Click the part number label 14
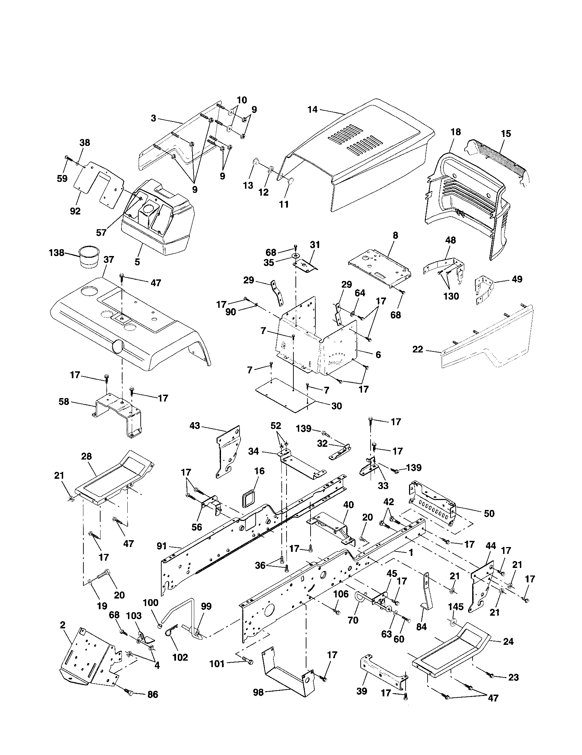[312, 109]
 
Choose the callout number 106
[341, 594]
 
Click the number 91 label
[161, 546]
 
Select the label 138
[57, 253]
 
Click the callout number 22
[418, 349]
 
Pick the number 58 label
[64, 402]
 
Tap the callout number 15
[505, 133]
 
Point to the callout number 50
[489, 513]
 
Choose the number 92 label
[75, 211]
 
